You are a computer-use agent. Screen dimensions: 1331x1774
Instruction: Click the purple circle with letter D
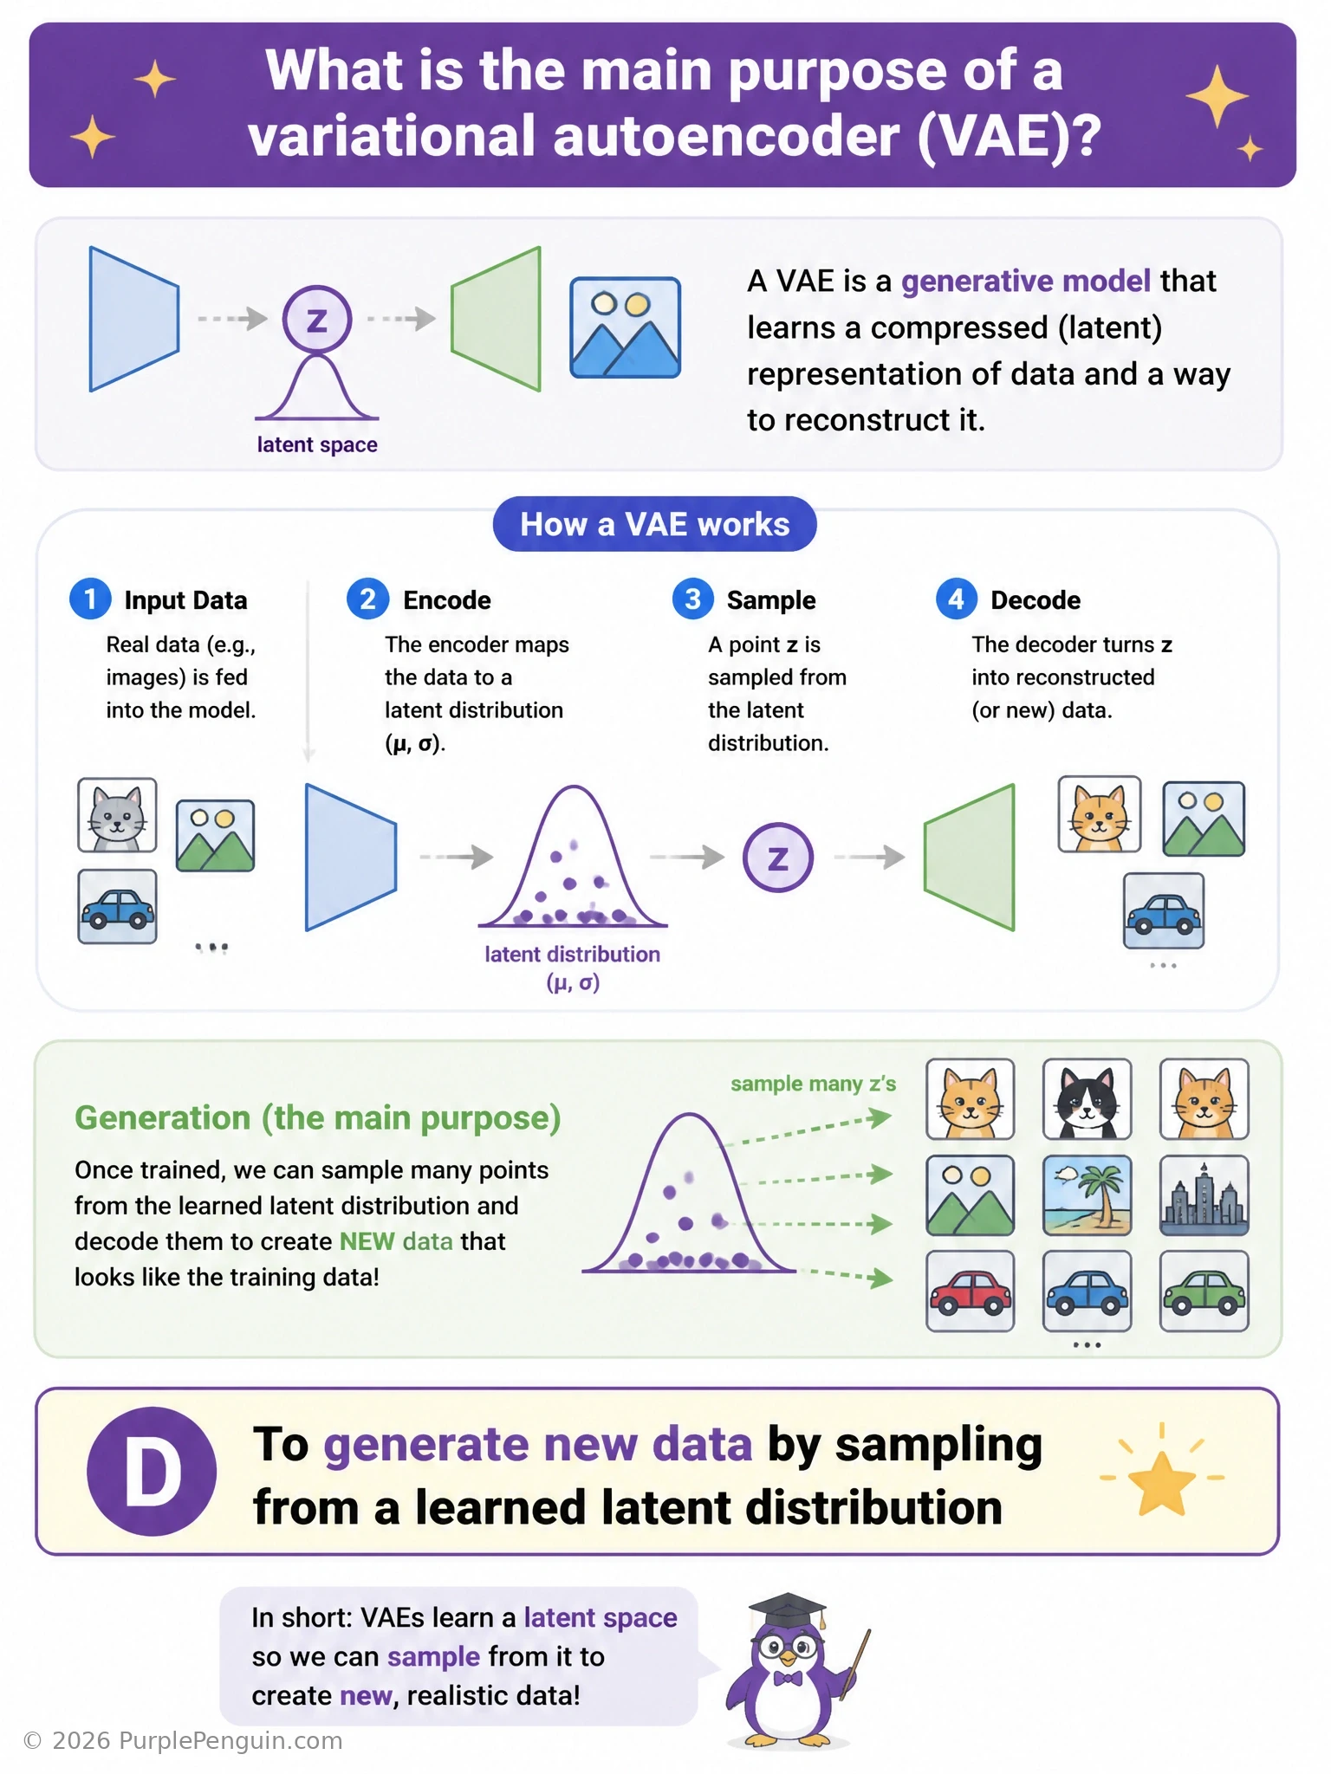[152, 1471]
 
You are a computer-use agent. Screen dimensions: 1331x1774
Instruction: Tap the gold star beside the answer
[1161, 1482]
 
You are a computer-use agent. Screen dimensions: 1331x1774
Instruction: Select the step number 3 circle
[692, 599]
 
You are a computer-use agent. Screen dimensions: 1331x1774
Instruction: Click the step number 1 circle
[90, 599]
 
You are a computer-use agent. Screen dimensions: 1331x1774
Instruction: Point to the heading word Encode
[447, 600]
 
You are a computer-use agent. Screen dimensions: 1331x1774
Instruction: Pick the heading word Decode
[1036, 600]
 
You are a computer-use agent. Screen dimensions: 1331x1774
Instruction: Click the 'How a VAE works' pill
[654, 524]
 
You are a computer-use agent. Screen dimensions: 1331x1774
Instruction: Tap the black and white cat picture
[1087, 1099]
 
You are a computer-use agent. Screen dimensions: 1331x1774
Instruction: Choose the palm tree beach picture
[1087, 1195]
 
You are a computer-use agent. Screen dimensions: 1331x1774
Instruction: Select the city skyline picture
[1204, 1195]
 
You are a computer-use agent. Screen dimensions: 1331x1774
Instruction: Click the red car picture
[970, 1291]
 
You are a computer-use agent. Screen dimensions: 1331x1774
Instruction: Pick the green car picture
[1204, 1291]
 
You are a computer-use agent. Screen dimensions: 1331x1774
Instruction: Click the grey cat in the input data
[117, 815]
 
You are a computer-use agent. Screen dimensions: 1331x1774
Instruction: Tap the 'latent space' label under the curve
[317, 444]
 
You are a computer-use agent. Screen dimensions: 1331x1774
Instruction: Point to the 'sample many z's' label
[813, 1084]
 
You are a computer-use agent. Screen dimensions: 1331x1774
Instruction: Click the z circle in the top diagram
[317, 320]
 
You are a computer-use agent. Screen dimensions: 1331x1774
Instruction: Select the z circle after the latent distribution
[778, 858]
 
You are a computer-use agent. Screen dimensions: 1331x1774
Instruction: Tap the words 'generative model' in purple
[1026, 281]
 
